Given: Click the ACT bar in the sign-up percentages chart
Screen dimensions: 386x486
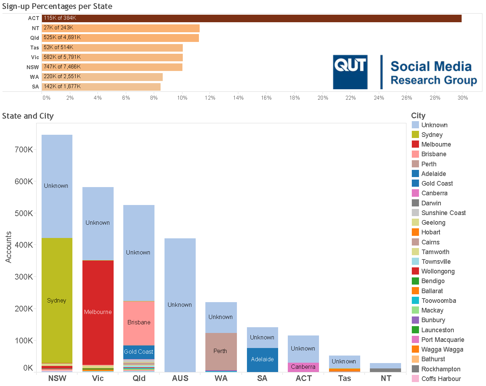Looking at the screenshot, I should point(251,18).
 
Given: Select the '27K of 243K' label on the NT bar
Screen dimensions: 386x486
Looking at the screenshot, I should point(58,28).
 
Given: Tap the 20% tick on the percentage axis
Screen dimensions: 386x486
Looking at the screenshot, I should point(323,98).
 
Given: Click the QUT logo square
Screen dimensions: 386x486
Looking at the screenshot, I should point(350,72).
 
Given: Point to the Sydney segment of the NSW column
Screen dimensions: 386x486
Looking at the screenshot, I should point(57,300).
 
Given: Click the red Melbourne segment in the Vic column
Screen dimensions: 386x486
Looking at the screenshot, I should point(98,312).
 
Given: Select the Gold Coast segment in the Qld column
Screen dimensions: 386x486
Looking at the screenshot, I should point(139,352).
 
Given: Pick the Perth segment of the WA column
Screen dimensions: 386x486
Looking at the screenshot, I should point(220,351).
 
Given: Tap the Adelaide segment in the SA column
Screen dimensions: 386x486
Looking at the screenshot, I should point(262,359).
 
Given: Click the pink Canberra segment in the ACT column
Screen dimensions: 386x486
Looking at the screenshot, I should point(303,367).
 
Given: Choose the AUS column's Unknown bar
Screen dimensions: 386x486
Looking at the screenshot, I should point(180,305).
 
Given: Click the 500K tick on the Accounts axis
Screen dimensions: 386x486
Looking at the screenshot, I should point(24,214).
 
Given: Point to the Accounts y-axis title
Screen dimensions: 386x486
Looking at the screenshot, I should point(9,247).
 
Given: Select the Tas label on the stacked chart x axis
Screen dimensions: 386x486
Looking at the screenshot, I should point(344,378).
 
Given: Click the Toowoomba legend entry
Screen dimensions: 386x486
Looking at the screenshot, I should point(438,301).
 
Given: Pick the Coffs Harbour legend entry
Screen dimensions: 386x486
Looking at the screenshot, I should point(441,379).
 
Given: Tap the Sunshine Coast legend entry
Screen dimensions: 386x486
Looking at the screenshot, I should point(443,213).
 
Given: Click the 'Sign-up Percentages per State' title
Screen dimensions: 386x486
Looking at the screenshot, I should point(57,6).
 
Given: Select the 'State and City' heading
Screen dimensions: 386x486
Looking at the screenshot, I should point(28,116).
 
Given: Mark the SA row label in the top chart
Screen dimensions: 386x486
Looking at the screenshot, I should point(35,87).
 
